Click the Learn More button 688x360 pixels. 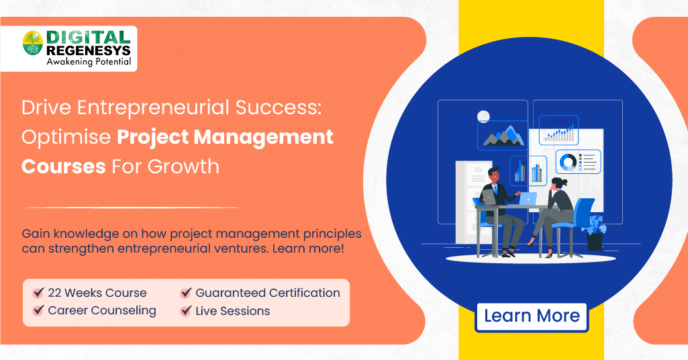point(532,316)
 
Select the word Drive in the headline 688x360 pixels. point(47,108)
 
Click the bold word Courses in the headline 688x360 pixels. point(63,166)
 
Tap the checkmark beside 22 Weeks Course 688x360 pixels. point(38,294)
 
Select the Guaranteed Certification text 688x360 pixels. point(267,293)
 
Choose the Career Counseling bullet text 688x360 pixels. point(101,311)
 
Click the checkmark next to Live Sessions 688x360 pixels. point(186,311)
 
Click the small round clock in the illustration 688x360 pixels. point(483,117)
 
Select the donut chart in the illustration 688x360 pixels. point(567,162)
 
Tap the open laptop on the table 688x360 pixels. point(528,199)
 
